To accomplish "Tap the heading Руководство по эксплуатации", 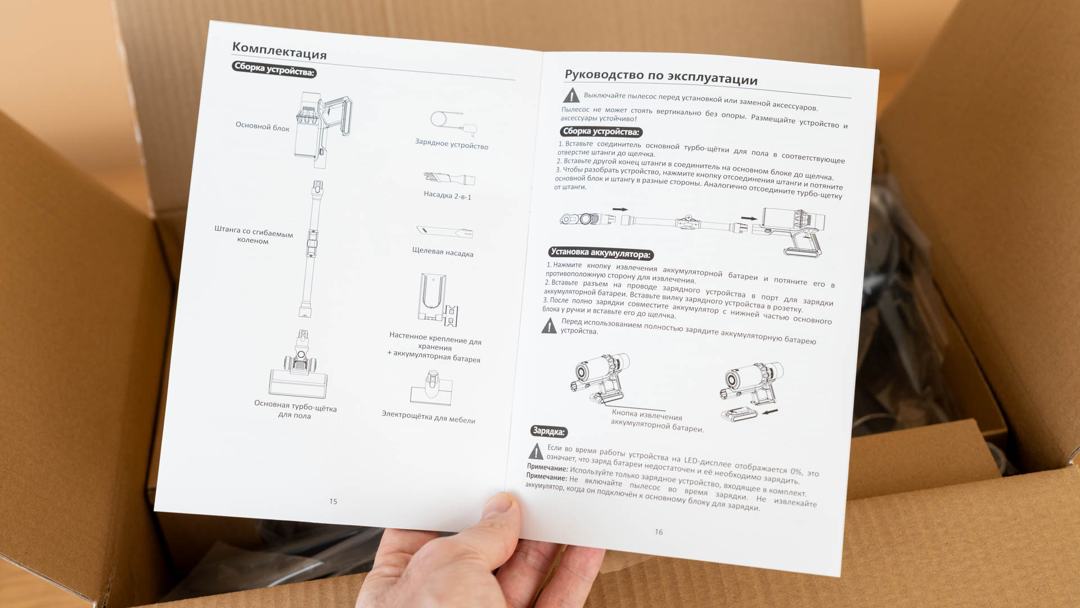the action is coord(661,77).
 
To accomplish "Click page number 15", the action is coord(333,501).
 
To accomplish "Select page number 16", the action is coord(659,532).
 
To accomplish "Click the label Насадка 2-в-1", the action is coord(448,195).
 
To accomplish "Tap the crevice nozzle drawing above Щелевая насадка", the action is coord(444,231).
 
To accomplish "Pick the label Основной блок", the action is coord(262,127).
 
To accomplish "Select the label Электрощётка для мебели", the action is coord(429,417).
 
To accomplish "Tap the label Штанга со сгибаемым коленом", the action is coord(254,235).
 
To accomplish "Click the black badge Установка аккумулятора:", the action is coord(601,253).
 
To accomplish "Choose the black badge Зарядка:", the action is coord(549,431).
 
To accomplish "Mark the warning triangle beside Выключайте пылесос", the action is coord(571,95).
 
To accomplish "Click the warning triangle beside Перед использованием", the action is coord(549,326).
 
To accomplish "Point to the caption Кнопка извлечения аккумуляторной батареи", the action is coord(657,421).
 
